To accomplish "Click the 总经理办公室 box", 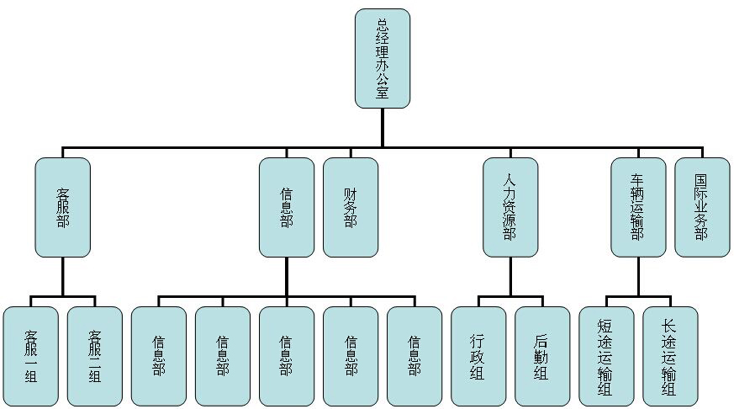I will (383, 58).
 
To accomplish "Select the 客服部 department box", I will (63, 207).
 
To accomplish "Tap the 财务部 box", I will (351, 207).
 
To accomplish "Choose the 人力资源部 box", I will (510, 207).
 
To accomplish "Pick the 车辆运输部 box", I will (638, 207).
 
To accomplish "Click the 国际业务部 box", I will (702, 207).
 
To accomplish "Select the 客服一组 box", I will (31, 357).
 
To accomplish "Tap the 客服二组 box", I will (95, 357).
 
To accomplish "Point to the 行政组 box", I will (478, 357).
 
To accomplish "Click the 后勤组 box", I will (542, 357).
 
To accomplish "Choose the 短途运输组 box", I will (606, 357).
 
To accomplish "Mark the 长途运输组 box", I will (670, 357).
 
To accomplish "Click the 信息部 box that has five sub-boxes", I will (287, 207).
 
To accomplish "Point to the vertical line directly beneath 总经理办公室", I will (383, 127).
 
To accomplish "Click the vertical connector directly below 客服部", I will (63, 276).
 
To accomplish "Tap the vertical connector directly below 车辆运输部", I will (638, 276).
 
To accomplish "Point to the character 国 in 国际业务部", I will (702, 181).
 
